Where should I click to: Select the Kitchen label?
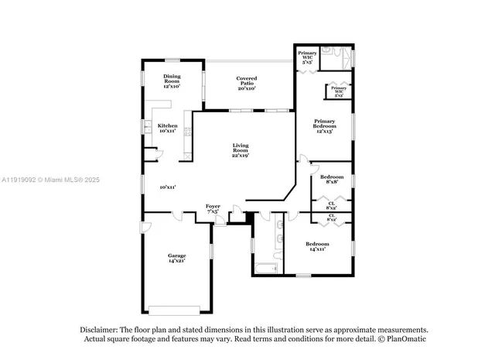[167, 129]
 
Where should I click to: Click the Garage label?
[177, 258]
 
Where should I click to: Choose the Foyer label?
[213, 208]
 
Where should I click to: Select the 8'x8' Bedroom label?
[331, 180]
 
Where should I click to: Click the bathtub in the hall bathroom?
[266, 269]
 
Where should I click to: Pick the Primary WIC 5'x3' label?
[339, 91]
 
